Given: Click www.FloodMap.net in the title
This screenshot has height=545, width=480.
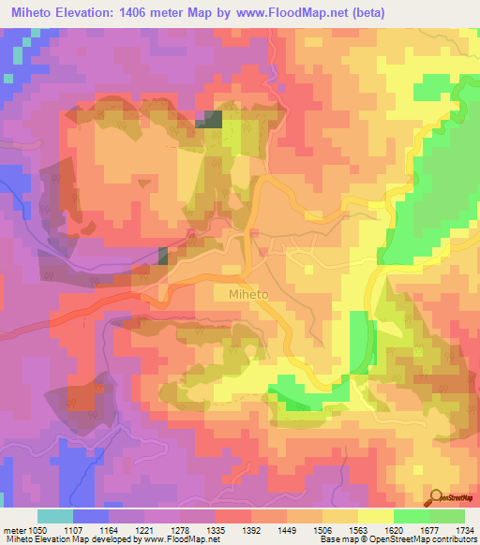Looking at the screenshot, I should click(x=291, y=12).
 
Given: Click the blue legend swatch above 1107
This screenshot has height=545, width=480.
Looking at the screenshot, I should click(x=91, y=516).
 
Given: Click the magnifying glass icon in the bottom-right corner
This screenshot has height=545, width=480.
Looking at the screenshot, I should click(x=436, y=497).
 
